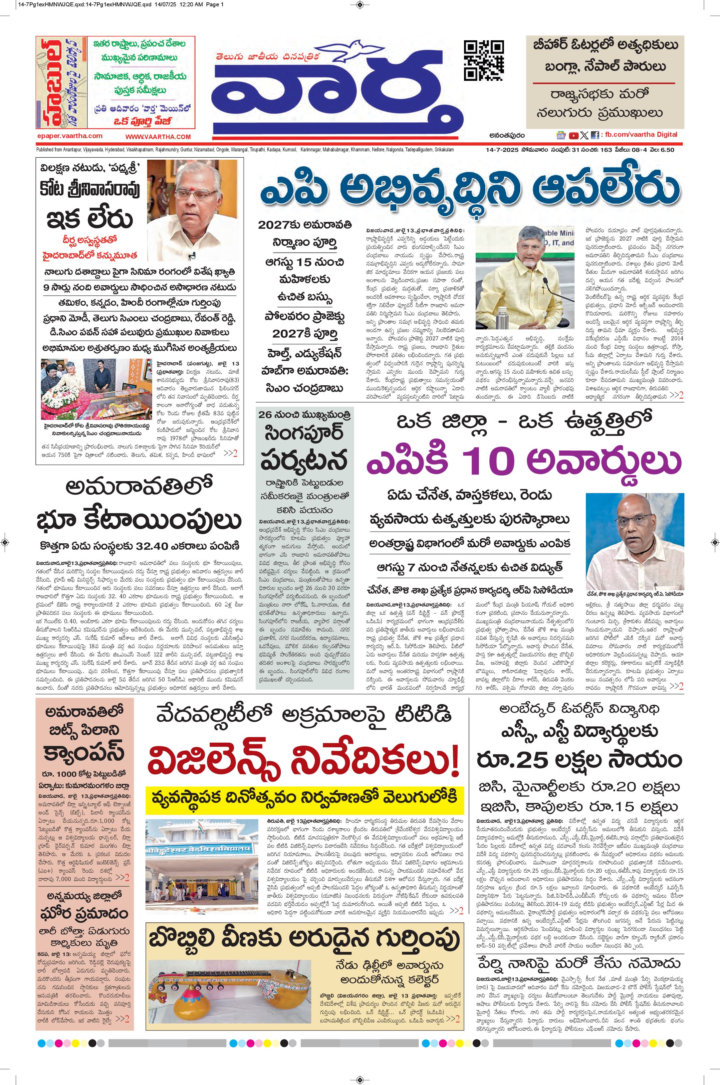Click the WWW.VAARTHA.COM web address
tap(158, 137)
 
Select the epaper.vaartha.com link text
tap(70, 136)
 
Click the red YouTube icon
tap(574, 135)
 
